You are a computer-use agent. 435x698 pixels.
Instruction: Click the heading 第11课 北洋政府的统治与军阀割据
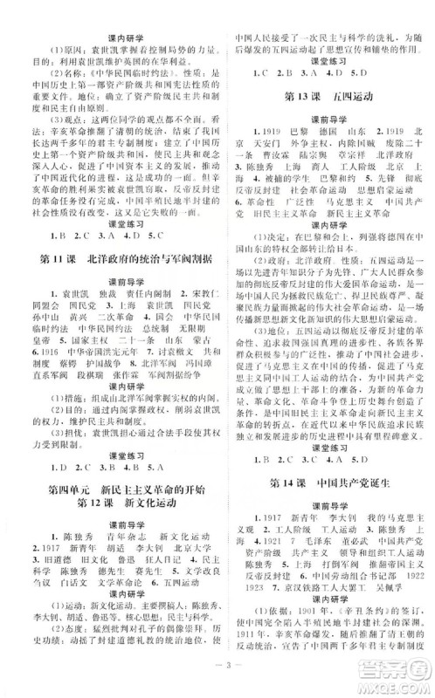pyautogui.click(x=114, y=260)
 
